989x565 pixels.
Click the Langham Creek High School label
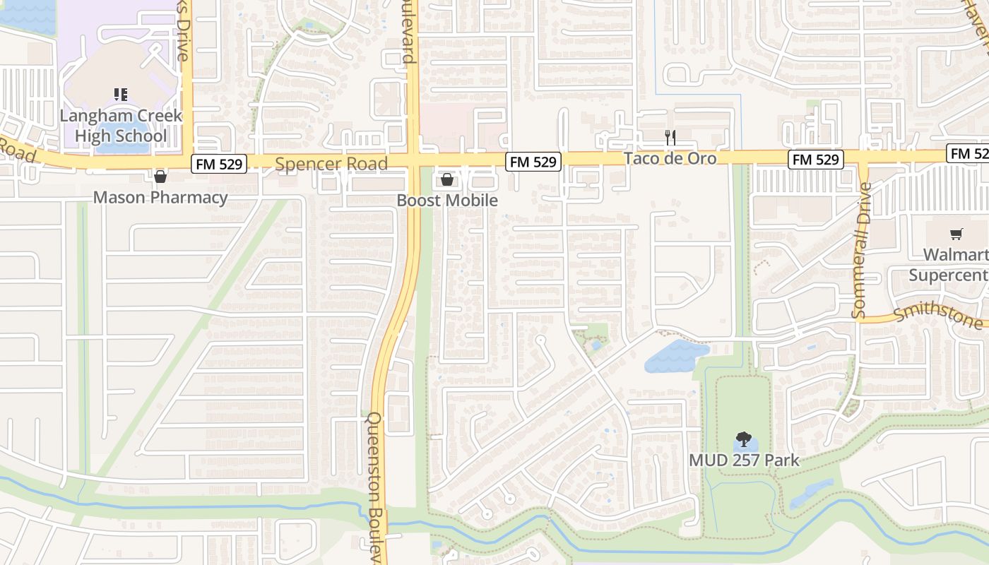coord(121,126)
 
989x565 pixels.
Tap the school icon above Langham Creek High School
coord(120,94)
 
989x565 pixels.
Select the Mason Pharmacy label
coord(160,197)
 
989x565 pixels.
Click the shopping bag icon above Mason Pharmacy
coord(160,177)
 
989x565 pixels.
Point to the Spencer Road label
coord(331,165)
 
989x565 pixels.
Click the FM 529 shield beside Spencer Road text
coord(218,165)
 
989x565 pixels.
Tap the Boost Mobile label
coord(447,201)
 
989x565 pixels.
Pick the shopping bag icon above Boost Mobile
coord(446,180)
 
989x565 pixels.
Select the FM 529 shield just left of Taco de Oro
coord(533,162)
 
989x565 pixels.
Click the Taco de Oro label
coord(670,158)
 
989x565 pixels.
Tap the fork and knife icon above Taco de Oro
coord(670,137)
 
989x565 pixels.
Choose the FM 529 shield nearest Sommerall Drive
coord(817,160)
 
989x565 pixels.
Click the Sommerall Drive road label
coord(861,250)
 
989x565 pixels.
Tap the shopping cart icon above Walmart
coord(957,234)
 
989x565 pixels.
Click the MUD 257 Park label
coord(744,460)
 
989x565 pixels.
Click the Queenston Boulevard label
coord(375,487)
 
